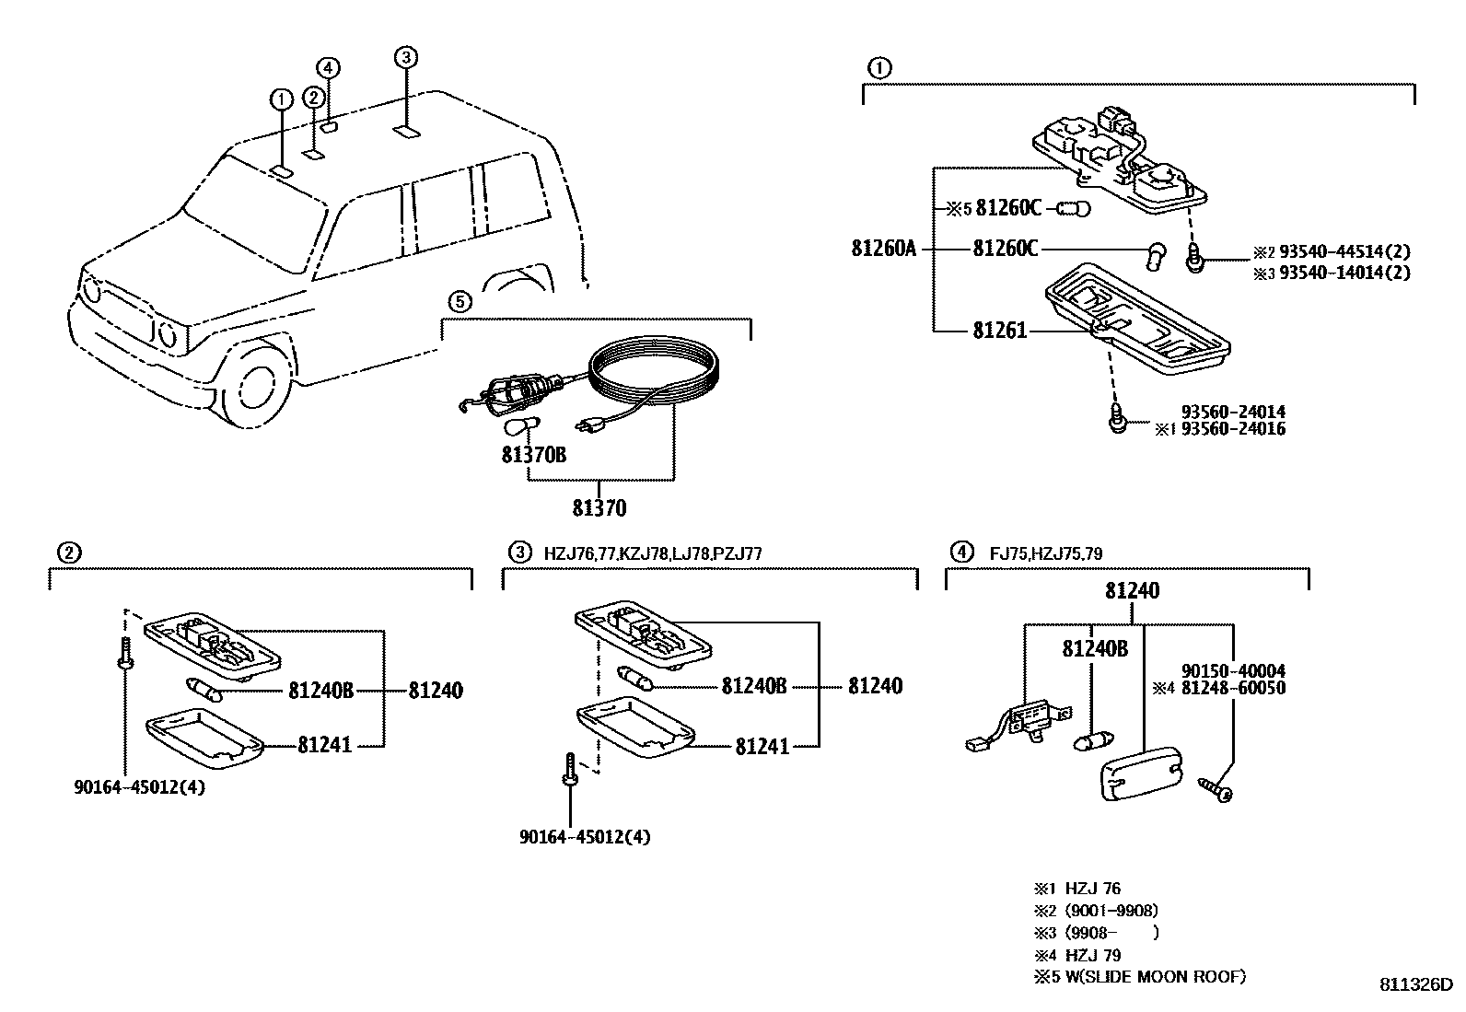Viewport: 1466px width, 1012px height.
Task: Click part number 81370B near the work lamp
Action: pos(534,454)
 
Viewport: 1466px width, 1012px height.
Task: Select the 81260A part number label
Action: pos(884,249)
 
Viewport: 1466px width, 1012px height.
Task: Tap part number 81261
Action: pos(999,331)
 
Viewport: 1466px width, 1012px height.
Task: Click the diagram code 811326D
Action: pos(1414,983)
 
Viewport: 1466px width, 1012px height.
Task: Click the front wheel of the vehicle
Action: pos(250,389)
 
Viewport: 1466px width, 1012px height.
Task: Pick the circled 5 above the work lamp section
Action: pos(460,301)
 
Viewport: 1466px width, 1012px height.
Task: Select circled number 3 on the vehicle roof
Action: pos(406,58)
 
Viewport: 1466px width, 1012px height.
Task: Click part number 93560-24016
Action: pos(1234,428)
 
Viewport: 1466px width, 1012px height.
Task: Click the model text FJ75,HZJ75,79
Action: pos(1046,553)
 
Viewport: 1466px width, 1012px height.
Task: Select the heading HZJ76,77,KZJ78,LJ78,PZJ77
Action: pos(653,553)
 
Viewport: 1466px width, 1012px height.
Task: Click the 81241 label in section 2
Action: pos(324,744)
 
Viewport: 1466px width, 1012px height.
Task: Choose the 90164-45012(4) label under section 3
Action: pos(585,837)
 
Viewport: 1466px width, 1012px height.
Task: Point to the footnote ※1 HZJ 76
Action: pos(1076,890)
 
